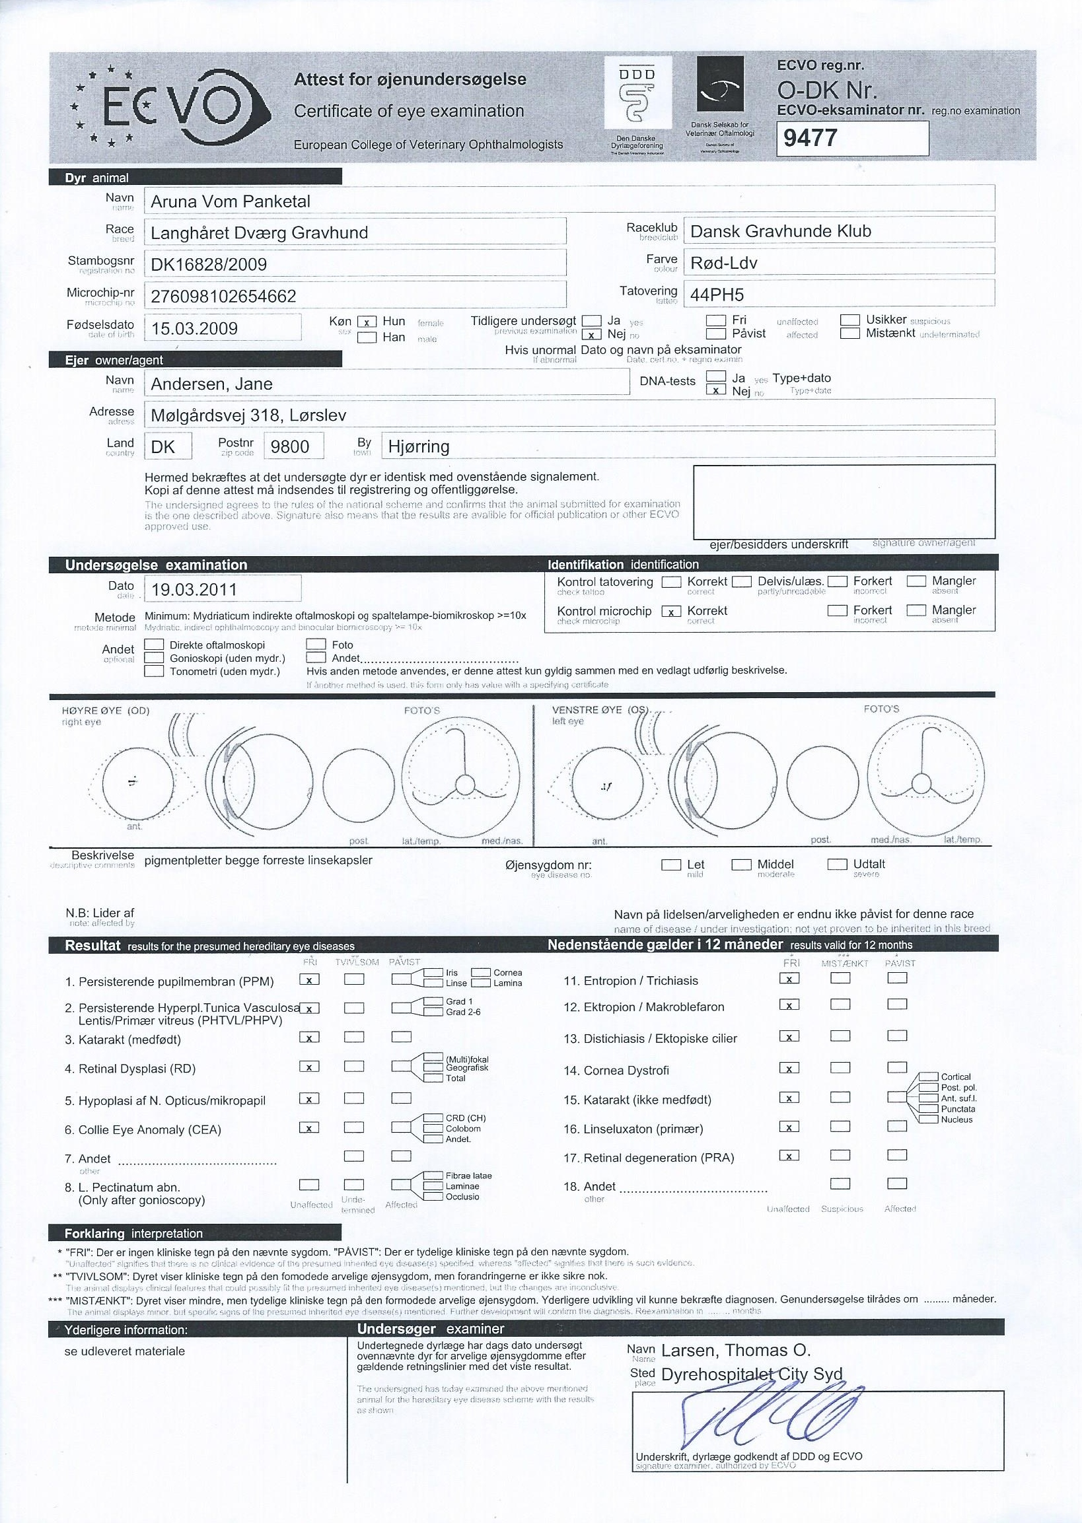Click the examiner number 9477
810,139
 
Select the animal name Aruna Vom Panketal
231,201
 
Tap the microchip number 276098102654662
223,297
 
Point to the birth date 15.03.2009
195,328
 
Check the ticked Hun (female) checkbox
367,322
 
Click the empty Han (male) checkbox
367,337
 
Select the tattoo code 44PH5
717,295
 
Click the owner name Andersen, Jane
211,384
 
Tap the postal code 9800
290,446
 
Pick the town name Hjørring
418,446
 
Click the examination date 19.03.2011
194,590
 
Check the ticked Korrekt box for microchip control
671,612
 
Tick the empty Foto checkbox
316,645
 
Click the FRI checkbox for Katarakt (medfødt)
309,1038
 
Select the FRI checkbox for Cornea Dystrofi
789,1069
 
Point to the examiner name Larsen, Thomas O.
736,1351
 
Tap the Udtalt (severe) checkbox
837,865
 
